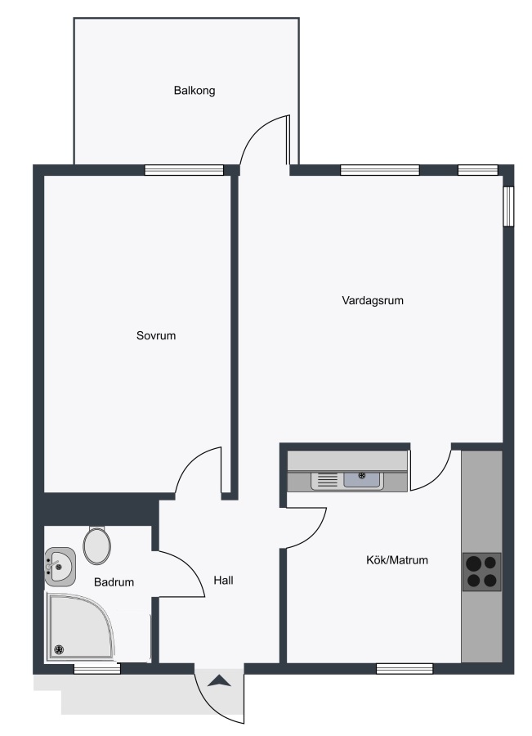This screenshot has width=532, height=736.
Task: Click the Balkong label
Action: (x=194, y=90)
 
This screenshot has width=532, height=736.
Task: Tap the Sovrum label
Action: (x=156, y=335)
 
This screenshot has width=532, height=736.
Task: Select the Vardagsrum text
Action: (x=373, y=300)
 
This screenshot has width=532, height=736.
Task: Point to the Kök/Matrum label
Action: (x=397, y=560)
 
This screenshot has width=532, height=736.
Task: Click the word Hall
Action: (x=223, y=580)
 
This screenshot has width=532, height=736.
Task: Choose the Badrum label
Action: (x=114, y=582)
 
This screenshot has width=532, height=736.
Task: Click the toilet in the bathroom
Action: (x=97, y=545)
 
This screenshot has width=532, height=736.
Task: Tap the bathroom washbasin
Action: (x=60, y=567)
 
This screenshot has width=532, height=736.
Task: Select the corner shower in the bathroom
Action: (x=80, y=626)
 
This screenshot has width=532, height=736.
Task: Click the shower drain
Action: (x=59, y=649)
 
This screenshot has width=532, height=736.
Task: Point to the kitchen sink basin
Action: (x=362, y=479)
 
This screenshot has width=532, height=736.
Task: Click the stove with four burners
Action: (x=482, y=572)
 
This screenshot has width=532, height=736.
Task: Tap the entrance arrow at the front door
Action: (x=219, y=681)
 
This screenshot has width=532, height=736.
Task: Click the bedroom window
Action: (x=184, y=170)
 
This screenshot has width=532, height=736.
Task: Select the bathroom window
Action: (x=97, y=668)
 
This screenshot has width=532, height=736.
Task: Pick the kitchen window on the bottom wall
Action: (x=405, y=668)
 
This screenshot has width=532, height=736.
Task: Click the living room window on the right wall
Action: (x=508, y=207)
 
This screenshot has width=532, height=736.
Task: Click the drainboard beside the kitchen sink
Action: (x=327, y=480)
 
